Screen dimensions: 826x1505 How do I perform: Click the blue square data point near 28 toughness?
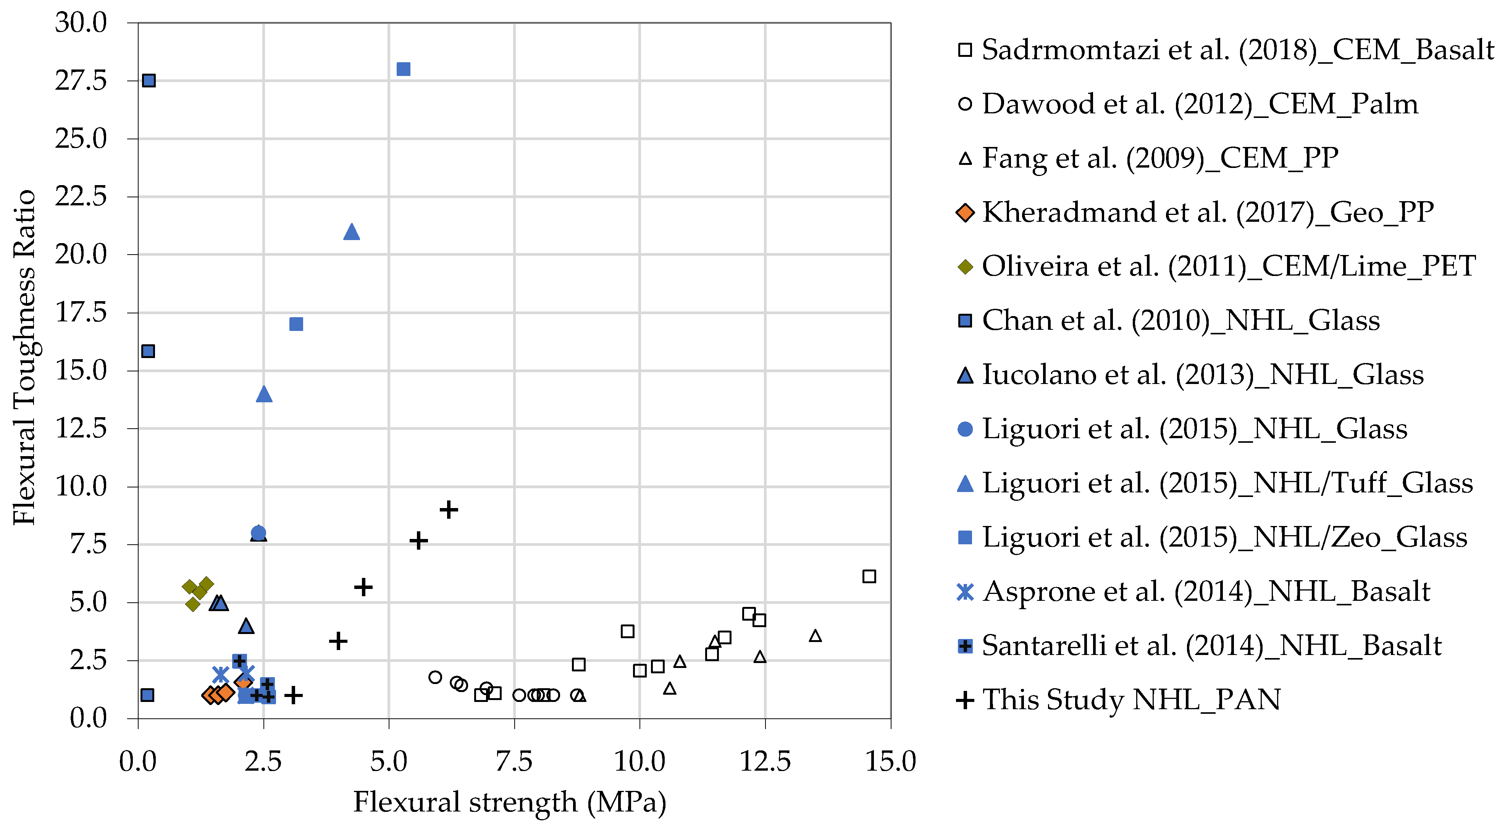(403, 69)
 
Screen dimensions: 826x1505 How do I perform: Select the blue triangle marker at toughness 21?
(351, 232)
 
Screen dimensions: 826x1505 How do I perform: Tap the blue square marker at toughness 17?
(296, 324)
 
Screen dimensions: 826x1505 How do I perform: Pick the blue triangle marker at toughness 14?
(264, 394)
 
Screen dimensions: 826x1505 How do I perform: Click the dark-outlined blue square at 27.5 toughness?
(149, 81)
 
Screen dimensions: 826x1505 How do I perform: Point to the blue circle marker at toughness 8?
(258, 533)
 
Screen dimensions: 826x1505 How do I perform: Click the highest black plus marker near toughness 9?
(449, 510)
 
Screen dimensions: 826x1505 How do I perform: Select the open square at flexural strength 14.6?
(869, 576)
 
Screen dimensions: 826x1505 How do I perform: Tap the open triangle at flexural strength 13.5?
(815, 636)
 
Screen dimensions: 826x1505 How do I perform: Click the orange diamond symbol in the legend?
(965, 213)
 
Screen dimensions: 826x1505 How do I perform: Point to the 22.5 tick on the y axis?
(81, 196)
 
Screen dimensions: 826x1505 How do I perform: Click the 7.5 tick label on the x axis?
(514, 761)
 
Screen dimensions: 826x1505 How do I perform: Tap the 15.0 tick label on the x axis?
(890, 761)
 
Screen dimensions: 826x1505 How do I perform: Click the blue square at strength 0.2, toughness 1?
(147, 695)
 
